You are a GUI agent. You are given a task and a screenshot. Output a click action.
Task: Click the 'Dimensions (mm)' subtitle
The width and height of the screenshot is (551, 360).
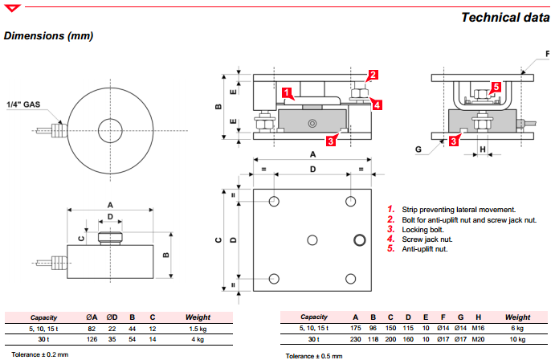pos(49,36)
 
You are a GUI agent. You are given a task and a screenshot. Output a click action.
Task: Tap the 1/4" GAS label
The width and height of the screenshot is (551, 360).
pos(23,104)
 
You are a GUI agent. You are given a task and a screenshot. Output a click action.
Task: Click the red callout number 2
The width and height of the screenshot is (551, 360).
pos(373,76)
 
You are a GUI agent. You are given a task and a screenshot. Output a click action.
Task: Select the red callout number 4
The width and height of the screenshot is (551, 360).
pos(377,103)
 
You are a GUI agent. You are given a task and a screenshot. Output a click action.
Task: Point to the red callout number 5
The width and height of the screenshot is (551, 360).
pos(496,87)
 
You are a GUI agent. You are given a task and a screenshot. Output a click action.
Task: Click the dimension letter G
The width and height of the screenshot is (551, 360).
pos(418,149)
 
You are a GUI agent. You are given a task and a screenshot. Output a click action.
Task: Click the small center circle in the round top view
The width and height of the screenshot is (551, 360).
pos(108,128)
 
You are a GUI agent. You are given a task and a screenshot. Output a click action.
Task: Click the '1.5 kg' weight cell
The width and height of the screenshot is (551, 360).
pos(197,328)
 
